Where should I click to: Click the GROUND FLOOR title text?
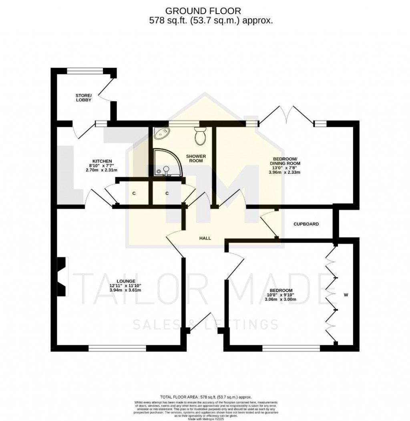(205, 10)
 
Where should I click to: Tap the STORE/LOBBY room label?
(83, 97)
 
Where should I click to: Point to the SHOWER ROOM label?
(196, 158)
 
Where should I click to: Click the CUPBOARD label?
(306, 224)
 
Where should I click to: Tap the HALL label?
(205, 238)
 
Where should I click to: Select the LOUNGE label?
(126, 281)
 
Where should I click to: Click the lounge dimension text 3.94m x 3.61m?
(126, 290)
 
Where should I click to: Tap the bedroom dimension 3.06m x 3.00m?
(280, 299)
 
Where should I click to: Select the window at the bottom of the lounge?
(117, 348)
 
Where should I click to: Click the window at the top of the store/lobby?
(88, 71)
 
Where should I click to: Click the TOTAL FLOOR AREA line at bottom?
(205, 397)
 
